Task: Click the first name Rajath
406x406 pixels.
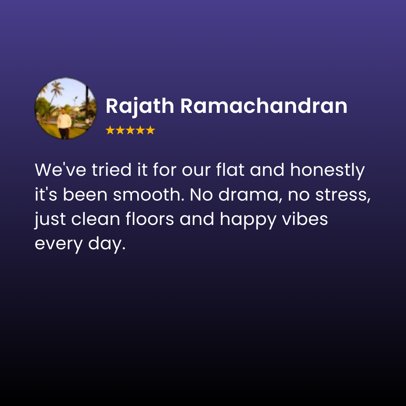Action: pyautogui.click(x=140, y=106)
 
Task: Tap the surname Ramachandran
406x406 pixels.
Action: pyautogui.click(x=264, y=106)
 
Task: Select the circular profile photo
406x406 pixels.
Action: pyautogui.click(x=65, y=108)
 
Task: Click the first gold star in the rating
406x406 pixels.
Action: pyautogui.click(x=110, y=130)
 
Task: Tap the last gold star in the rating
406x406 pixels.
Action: pyautogui.click(x=151, y=130)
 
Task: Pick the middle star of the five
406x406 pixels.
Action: pyautogui.click(x=130, y=130)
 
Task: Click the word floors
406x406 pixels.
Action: pyautogui.click(x=147, y=220)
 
